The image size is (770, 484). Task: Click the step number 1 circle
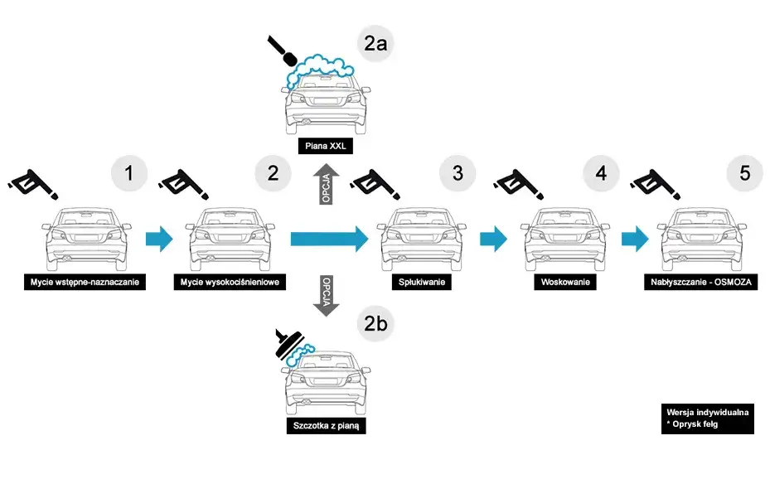click(128, 174)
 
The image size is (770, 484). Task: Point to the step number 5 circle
click(744, 174)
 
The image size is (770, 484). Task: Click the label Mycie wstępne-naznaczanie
click(82, 283)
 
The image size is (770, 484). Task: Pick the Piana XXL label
click(325, 148)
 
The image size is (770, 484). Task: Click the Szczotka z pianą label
click(325, 427)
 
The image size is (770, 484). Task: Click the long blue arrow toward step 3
click(328, 240)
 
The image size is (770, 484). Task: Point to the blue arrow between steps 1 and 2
click(159, 240)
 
